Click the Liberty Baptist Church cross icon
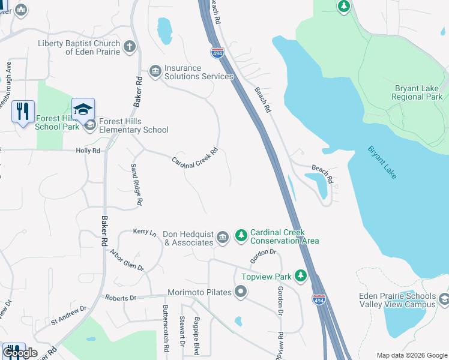click(x=129, y=46)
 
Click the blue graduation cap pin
click(x=83, y=110)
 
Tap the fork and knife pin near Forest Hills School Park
click(x=23, y=111)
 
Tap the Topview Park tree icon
click(x=301, y=276)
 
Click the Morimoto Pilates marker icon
click(x=241, y=292)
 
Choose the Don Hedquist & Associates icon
click(x=222, y=238)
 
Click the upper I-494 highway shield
click(x=217, y=53)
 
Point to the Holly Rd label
click(x=88, y=151)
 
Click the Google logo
click(x=20, y=353)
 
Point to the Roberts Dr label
click(x=121, y=298)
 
